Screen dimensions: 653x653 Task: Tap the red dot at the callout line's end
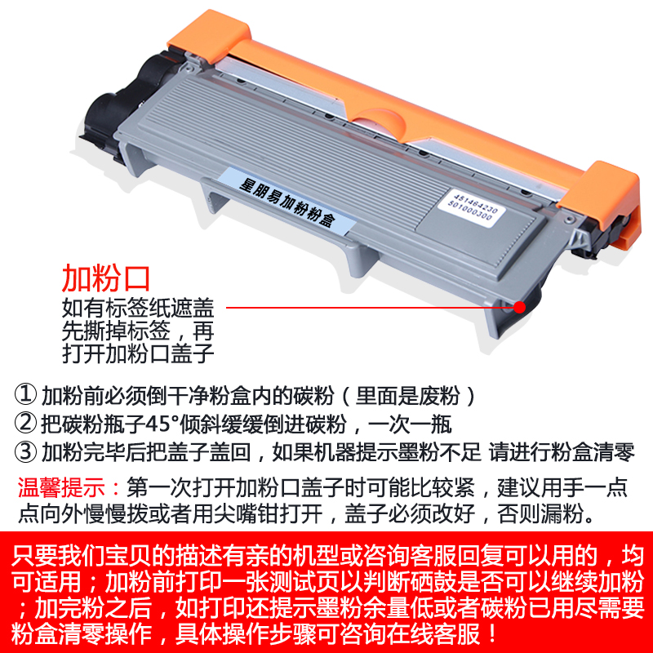(519, 308)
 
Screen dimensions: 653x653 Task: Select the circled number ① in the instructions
(27, 396)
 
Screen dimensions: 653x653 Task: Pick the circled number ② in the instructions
(27, 424)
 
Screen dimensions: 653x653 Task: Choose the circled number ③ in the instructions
(27, 451)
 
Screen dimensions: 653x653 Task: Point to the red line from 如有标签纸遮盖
(367, 309)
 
